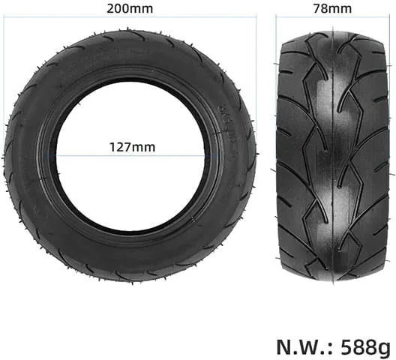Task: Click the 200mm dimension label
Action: click(130, 8)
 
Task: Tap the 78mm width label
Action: click(332, 8)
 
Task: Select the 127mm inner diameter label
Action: click(132, 147)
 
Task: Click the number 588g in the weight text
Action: click(366, 347)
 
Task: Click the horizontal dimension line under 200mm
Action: click(130, 17)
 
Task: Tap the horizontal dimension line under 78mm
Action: click(333, 17)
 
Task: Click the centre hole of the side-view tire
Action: click(130, 154)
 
